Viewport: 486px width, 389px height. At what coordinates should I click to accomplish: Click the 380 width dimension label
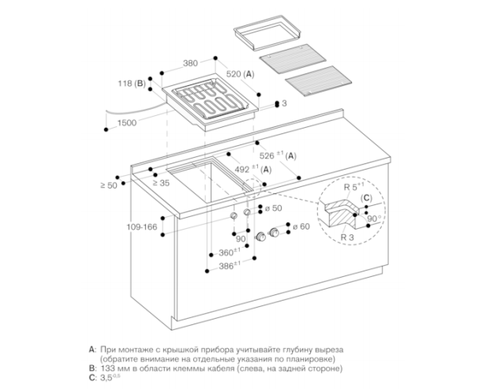[x=190, y=63]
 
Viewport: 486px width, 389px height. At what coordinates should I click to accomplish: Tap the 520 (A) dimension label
[x=240, y=74]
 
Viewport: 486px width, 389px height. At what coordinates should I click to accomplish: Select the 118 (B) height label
[x=132, y=84]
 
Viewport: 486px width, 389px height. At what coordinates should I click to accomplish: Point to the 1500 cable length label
[x=127, y=123]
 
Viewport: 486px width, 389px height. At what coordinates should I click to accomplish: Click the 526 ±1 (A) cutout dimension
[x=278, y=155]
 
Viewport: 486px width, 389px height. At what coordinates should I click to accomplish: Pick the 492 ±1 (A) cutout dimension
[x=253, y=169]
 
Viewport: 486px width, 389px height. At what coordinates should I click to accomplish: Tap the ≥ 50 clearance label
[x=109, y=185]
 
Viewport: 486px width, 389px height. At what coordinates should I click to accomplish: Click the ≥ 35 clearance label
[x=161, y=183]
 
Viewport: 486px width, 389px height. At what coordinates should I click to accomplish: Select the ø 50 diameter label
[x=274, y=208]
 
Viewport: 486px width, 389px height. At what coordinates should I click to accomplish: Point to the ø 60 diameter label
[x=301, y=226]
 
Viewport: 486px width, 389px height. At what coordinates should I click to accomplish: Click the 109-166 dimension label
[x=142, y=227]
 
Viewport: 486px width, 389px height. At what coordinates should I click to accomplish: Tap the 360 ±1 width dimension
[x=230, y=252]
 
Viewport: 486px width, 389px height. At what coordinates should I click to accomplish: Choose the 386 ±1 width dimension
[x=230, y=266]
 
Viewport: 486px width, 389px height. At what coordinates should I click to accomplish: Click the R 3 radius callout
[x=347, y=238]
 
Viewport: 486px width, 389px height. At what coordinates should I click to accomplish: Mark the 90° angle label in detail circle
[x=375, y=219]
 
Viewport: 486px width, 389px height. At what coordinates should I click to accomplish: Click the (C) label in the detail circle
[x=366, y=198]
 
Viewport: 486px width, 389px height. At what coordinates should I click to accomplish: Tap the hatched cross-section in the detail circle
[x=340, y=214]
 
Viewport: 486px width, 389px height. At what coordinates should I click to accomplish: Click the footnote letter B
[x=92, y=368]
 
